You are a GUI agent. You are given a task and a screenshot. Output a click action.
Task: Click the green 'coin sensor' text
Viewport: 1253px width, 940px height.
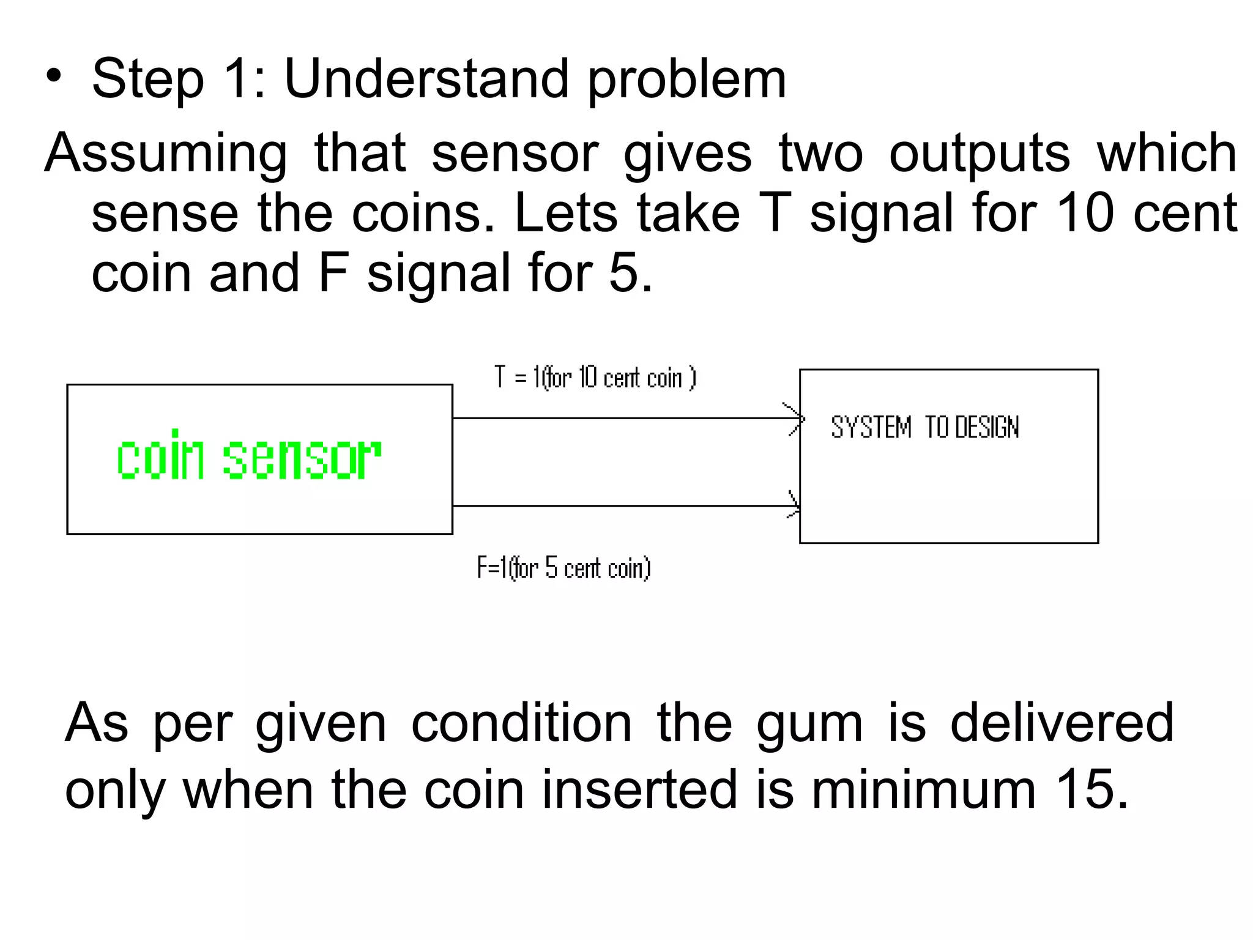(249, 457)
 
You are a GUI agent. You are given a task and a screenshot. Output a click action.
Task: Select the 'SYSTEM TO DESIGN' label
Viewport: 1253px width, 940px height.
(924, 427)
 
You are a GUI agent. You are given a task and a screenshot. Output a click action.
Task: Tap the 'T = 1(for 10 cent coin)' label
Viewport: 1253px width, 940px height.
(595, 378)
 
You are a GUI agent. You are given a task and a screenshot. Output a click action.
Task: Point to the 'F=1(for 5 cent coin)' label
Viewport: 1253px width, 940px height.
(563, 568)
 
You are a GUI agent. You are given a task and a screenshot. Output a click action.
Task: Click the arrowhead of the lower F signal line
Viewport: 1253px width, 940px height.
(794, 505)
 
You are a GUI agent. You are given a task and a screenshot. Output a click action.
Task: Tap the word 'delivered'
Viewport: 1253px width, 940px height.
(1062, 723)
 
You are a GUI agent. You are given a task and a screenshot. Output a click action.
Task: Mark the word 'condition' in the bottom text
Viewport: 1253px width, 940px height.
(521, 723)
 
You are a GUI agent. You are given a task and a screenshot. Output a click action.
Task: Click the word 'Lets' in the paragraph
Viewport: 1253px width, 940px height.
(566, 213)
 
